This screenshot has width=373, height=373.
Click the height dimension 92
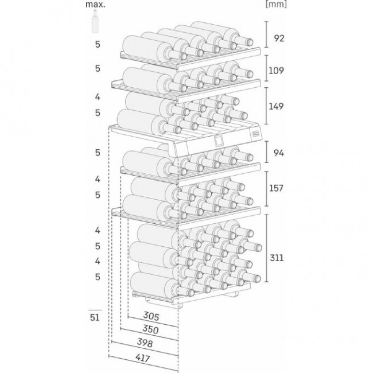[x=279, y=38]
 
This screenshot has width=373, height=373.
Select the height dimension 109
[x=280, y=71]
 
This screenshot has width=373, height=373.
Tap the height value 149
[x=280, y=106]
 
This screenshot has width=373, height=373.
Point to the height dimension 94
[x=279, y=153]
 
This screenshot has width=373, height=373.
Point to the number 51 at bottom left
[x=95, y=317]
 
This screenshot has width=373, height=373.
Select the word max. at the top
[x=97, y=5]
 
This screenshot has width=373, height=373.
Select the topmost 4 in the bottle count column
[x=98, y=97]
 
